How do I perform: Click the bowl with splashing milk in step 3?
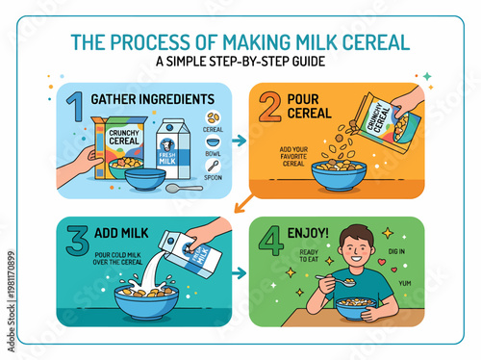(x=144, y=298)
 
